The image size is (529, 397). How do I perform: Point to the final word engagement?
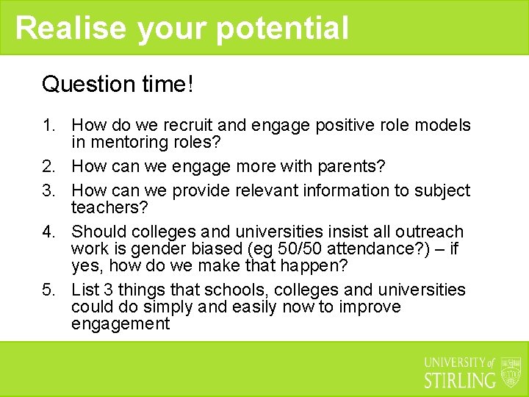tap(120, 323)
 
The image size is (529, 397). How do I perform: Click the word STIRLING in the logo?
tap(461, 380)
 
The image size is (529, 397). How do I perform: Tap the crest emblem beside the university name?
tap(511, 372)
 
